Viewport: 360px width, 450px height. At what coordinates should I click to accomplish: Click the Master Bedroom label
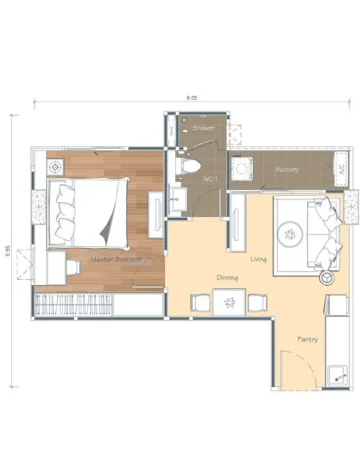116,260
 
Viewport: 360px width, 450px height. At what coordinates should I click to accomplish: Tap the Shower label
203,128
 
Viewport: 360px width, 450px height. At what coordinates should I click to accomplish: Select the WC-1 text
211,179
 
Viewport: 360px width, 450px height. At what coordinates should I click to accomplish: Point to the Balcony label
287,170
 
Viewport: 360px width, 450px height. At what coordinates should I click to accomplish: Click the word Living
258,259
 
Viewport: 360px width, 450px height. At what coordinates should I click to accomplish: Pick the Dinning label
227,278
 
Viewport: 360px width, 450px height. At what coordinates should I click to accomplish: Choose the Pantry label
308,339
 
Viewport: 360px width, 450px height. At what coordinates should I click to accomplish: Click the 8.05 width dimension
192,98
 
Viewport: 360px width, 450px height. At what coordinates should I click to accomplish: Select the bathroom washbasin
177,198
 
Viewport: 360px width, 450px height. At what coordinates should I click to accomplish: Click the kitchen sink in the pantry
338,375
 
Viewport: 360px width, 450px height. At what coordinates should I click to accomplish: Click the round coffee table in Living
290,234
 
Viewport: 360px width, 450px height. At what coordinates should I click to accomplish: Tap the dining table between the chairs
229,302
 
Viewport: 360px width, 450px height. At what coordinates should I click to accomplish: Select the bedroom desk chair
73,268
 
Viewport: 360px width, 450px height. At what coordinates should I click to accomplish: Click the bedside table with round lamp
55,167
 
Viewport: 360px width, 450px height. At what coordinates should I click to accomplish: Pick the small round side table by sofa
327,278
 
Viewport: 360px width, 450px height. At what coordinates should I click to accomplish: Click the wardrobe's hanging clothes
73,305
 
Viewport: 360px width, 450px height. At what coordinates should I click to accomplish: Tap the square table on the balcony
242,168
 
